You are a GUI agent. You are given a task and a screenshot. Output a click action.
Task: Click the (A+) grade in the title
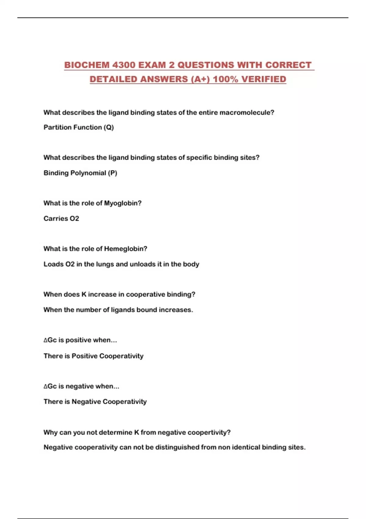pos(200,79)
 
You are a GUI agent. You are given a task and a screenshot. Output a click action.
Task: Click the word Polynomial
pos(88,173)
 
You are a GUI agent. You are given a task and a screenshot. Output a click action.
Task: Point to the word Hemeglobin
pos(125,249)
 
